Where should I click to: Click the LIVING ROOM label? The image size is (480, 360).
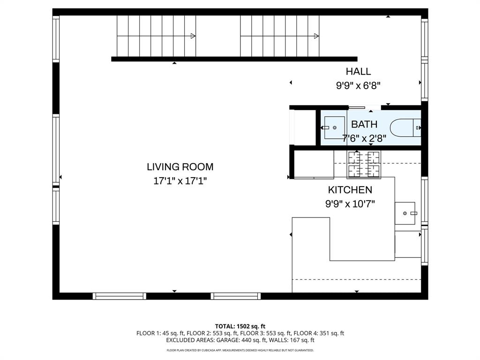pos(180,166)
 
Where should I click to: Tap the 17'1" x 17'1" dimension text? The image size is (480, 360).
pos(180,180)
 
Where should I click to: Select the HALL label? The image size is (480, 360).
pos(358,72)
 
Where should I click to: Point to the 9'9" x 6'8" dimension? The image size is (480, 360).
pos(358,85)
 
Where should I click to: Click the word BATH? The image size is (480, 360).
pos(364,125)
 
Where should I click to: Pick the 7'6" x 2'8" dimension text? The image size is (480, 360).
pos(364,138)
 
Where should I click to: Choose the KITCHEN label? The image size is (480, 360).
pos(350,190)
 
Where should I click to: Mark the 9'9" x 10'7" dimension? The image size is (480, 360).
pos(350,204)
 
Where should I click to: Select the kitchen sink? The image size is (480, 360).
pos(405,213)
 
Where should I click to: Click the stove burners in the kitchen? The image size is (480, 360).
pos(364,164)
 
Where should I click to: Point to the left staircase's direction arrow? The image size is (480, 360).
pos(193,36)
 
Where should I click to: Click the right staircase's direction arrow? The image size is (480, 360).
pos(317,36)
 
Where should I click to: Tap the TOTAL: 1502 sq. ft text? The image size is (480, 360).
pos(240,326)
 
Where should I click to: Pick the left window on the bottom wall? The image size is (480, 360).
pos(120,296)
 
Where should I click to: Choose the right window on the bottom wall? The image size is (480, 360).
pos(235,296)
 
